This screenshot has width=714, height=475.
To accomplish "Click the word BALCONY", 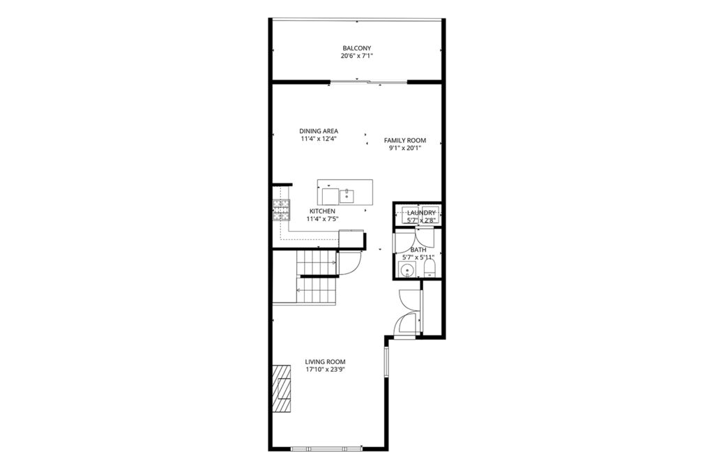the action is click(x=356, y=48).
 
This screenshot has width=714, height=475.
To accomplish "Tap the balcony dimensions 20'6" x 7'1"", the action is click(x=356, y=56).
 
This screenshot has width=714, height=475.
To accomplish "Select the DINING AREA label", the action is click(x=319, y=131).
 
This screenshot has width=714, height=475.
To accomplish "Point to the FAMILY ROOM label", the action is click(x=405, y=140).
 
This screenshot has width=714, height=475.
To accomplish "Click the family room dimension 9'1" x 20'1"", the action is click(x=405, y=149).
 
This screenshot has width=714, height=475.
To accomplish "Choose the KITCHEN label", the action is click(x=322, y=211).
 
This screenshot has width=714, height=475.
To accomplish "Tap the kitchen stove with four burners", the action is click(x=282, y=211).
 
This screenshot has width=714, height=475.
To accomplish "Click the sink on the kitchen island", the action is click(x=347, y=196).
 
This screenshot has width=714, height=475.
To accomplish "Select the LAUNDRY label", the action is click(x=421, y=213).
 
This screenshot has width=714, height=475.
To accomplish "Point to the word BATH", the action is click(x=418, y=250).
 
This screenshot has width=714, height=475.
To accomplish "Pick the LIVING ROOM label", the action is click(x=325, y=362).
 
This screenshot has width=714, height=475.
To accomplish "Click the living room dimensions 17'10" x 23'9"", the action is click(x=325, y=370).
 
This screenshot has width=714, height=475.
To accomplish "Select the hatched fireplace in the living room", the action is click(x=282, y=388).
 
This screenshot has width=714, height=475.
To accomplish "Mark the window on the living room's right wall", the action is click(x=386, y=362).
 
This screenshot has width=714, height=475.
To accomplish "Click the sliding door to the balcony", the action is click(x=368, y=82).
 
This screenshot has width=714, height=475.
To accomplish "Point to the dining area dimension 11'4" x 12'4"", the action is click(x=319, y=139).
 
